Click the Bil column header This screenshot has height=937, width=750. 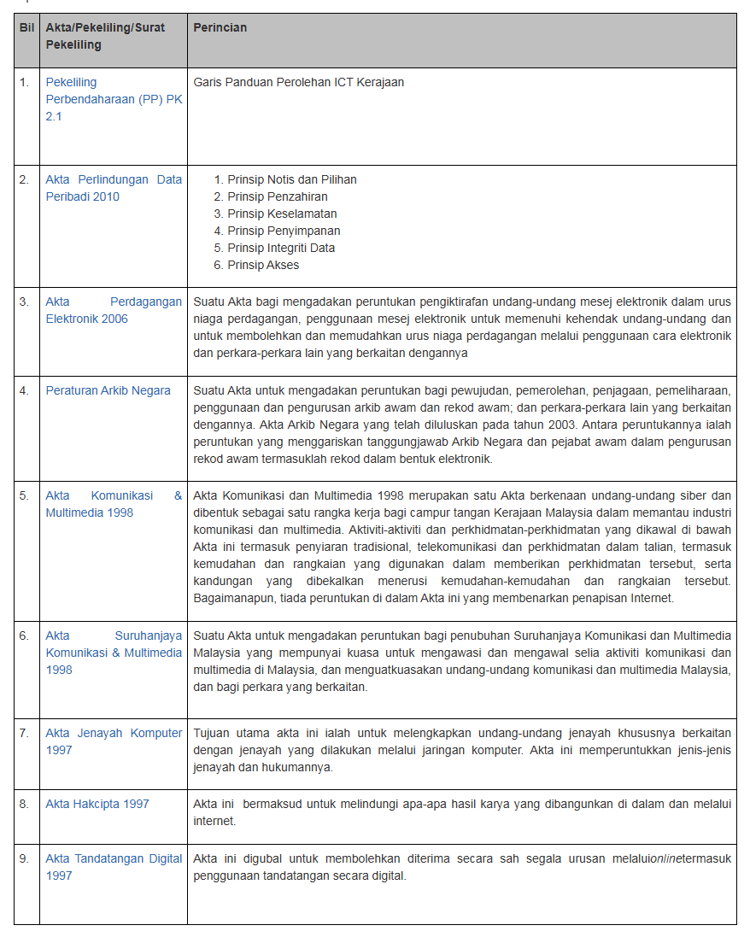coord(26,27)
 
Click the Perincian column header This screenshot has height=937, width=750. coord(220,27)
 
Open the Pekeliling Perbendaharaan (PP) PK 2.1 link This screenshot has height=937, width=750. coord(113,99)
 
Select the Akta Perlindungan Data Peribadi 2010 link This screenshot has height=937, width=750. coord(114,188)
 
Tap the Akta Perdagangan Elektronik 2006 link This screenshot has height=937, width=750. coord(114,310)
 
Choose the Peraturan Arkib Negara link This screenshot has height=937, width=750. coord(108,390)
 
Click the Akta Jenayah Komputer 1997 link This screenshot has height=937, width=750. coord(114,741)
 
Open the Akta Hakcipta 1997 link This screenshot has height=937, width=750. coord(97,804)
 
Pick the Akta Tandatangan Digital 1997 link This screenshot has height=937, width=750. coord(114,867)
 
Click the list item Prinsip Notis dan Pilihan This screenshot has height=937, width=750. coord(291,179)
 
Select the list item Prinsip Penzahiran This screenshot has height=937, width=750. coord(277,196)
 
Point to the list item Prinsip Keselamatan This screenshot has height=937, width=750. coord(282,214)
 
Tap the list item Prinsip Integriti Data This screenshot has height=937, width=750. coord(281,248)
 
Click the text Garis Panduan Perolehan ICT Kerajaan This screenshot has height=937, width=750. coord(298,82)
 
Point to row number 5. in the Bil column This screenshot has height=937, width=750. coord(25,495)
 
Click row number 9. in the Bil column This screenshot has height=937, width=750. coord(25,858)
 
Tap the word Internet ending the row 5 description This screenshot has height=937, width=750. coord(653,598)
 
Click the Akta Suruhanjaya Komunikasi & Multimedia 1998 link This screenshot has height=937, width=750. coord(114,653)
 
